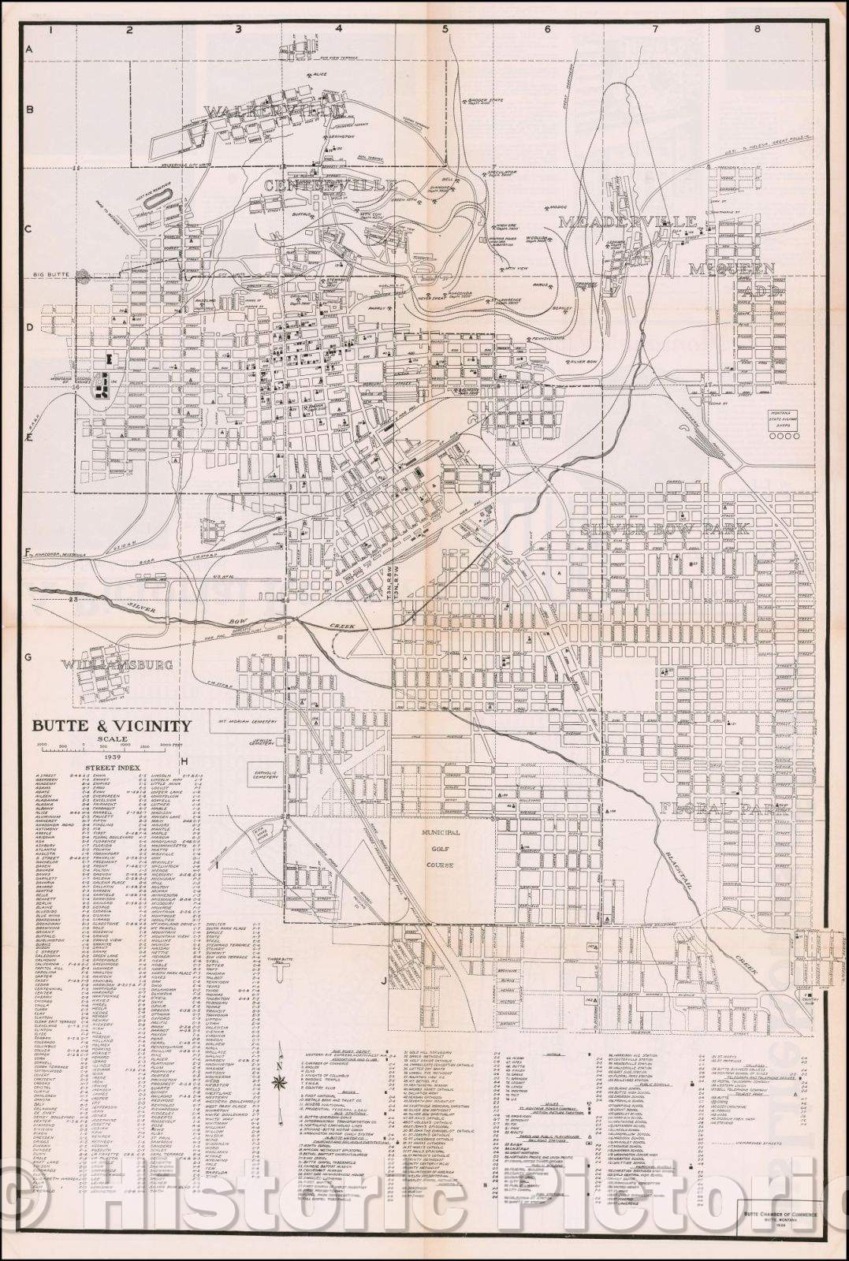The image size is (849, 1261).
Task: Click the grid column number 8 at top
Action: (x=756, y=29)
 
